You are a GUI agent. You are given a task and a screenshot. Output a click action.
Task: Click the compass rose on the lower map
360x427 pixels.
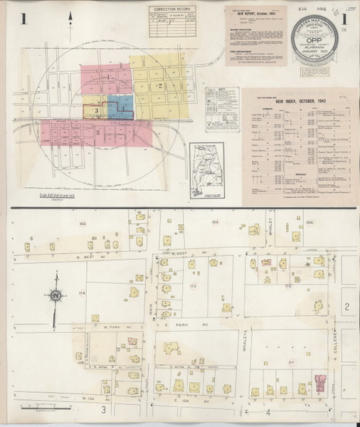click(53, 295)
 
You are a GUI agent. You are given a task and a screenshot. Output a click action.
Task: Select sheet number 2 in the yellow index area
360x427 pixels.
click(161, 86)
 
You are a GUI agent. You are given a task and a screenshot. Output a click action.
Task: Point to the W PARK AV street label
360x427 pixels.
click(109, 327)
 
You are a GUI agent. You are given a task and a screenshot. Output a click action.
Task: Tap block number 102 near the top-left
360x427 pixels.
click(83, 224)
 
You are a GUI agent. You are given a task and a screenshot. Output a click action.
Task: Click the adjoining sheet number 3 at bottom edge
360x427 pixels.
click(103, 411)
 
